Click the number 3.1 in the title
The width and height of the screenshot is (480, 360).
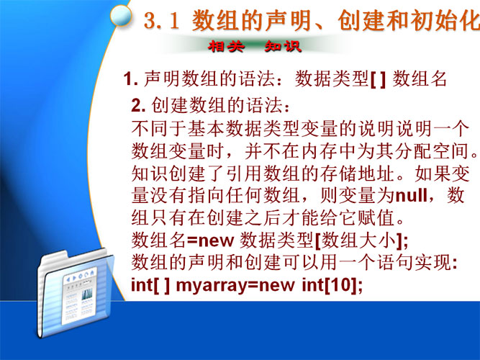point(161,21)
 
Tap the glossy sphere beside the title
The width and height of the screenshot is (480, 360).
point(121,15)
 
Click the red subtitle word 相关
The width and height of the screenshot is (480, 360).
point(227,47)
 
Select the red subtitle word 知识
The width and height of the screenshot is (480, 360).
point(283,47)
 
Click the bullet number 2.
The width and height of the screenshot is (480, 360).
point(138,105)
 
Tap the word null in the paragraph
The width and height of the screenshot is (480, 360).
point(411,194)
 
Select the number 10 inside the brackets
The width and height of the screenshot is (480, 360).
point(340,284)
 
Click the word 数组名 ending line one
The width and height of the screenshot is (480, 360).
point(420,78)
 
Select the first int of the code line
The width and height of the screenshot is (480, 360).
point(142,284)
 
